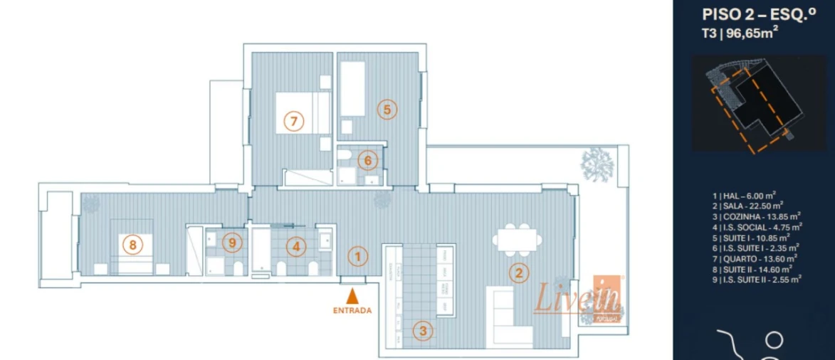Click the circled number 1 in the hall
359,255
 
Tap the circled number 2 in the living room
518,271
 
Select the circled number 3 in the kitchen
423,330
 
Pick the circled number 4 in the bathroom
297,247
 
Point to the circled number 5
387,110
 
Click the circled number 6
367,161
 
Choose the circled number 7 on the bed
293,121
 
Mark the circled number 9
232,243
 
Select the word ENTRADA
352,310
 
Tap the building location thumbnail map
754,104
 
